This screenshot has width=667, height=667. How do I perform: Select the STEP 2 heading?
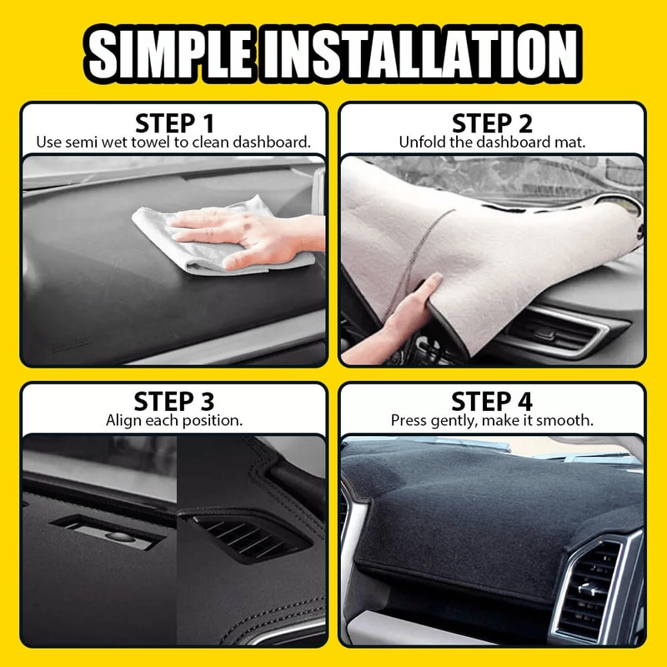tap(492, 123)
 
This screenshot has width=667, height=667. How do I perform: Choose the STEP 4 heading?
tap(492, 401)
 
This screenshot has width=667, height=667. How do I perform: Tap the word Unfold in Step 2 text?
tap(420, 142)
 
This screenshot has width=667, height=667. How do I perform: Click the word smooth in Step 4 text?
tap(569, 420)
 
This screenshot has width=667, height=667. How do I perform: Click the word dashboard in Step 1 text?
tap(274, 142)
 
